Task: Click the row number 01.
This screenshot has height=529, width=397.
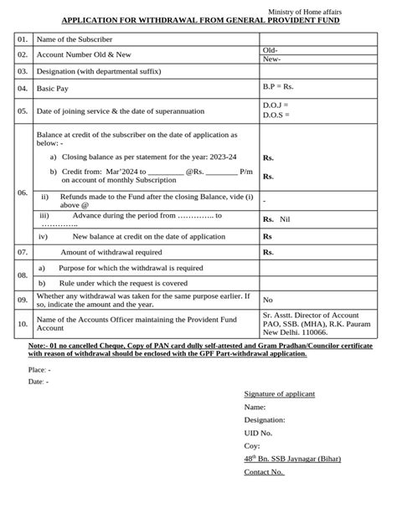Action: pyautogui.click(x=23, y=39)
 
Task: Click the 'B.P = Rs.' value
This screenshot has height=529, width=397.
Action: pyautogui.click(x=279, y=87)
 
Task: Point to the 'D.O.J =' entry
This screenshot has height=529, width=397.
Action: pyautogui.click(x=276, y=105)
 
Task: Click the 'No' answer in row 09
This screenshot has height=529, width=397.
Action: pyautogui.click(x=268, y=299)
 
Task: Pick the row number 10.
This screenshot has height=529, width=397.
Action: pyautogui.click(x=23, y=322)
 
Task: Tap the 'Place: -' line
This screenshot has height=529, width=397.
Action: pyautogui.click(x=39, y=369)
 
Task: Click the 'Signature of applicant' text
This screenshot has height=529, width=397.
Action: pyautogui.click(x=279, y=393)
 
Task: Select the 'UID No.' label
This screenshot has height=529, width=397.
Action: pyautogui.click(x=258, y=433)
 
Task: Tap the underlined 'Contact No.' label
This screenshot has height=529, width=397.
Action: pyautogui.click(x=264, y=472)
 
